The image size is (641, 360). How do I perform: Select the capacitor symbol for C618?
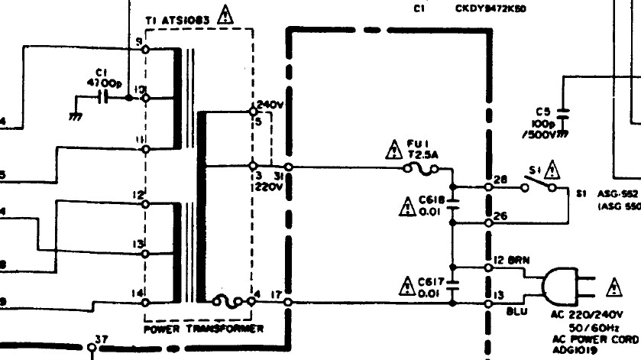pos(452,205)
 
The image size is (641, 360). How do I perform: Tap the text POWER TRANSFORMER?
pos(203,329)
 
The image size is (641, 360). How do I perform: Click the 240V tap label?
pos(269,105)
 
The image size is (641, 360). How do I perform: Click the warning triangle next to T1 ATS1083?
pos(225,15)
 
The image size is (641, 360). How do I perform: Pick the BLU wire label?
pos(517,312)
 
